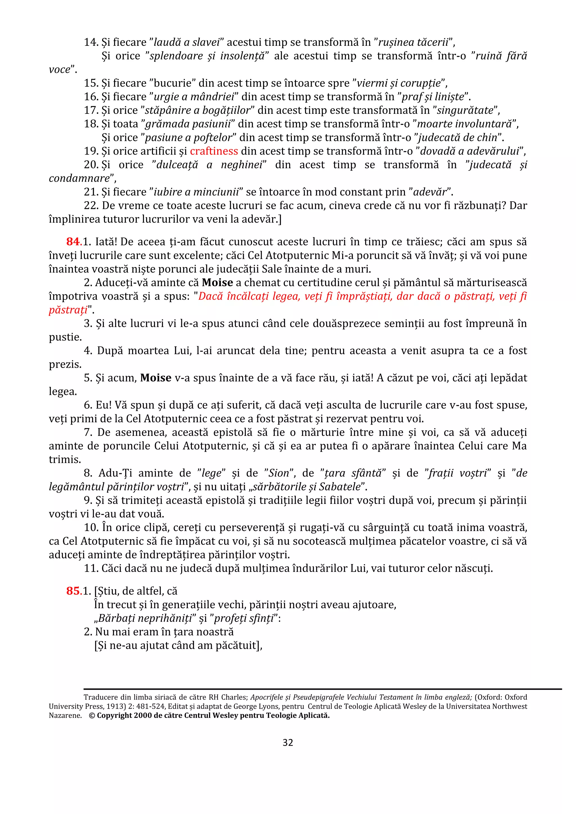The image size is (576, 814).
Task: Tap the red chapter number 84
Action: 73,242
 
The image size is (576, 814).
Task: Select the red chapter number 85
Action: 73,591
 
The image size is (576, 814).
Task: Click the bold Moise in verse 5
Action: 156,378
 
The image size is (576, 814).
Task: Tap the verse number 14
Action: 91,42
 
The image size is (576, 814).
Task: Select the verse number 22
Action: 91,206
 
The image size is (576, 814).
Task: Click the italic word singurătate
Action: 465,110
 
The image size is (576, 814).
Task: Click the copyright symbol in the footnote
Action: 92,715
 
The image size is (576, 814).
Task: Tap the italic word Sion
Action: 279,473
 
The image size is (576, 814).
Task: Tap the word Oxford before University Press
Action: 516,697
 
